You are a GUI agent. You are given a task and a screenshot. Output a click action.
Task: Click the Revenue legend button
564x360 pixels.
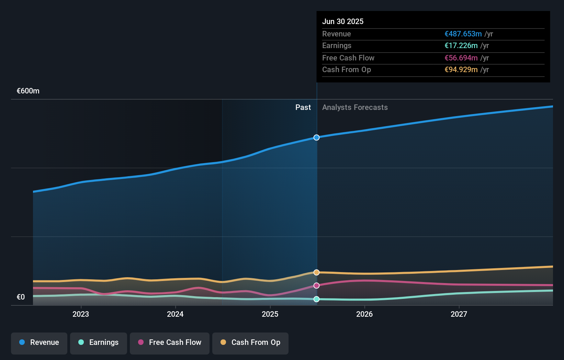click(x=39, y=343)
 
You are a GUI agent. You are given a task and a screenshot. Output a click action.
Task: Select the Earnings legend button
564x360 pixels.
click(x=99, y=343)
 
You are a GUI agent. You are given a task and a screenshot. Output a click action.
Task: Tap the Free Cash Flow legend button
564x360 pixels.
click(x=170, y=343)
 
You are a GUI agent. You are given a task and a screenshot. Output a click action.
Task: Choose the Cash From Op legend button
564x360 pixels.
click(x=250, y=343)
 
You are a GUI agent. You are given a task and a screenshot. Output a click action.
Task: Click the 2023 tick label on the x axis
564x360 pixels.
click(x=81, y=314)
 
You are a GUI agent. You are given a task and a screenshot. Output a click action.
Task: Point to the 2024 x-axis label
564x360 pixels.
click(x=175, y=314)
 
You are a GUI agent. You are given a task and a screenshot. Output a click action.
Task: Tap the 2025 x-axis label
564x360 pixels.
click(x=270, y=314)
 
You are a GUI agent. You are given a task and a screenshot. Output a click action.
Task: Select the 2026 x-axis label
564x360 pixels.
click(x=364, y=314)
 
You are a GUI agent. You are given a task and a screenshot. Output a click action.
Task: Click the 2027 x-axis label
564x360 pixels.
click(x=459, y=314)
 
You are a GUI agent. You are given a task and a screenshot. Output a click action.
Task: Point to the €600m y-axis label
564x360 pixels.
click(x=28, y=91)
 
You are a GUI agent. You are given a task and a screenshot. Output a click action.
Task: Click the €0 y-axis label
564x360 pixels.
click(x=21, y=297)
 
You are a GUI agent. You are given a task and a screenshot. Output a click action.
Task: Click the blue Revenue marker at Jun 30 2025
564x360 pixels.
click(x=316, y=137)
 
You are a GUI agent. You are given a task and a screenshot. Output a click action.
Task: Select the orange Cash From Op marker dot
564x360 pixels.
click(x=316, y=272)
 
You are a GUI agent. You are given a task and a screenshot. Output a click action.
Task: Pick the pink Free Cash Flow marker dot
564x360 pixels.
click(x=316, y=285)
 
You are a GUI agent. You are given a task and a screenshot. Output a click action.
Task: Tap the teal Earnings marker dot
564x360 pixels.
click(x=316, y=299)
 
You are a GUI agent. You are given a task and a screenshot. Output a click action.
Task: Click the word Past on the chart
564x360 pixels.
click(x=303, y=108)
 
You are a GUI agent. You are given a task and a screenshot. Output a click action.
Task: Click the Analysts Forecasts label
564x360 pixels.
click(x=355, y=108)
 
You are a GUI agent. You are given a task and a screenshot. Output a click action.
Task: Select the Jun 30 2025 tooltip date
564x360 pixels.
click(x=342, y=21)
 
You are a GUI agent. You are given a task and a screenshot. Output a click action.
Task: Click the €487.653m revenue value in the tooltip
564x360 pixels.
click(x=463, y=34)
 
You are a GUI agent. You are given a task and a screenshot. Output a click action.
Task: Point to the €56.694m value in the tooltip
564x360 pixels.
click(x=461, y=58)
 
